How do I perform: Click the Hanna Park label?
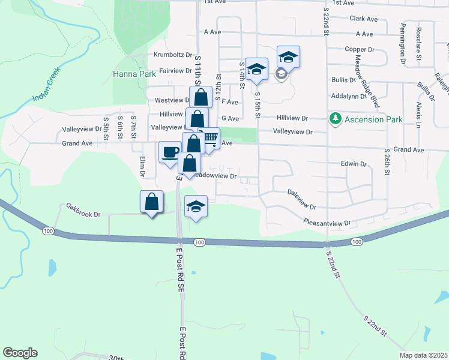pos(134,74)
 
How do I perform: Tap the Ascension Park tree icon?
pos(336,119)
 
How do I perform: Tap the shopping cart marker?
pos(209,138)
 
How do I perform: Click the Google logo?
pos(20,353)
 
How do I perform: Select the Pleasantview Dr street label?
pos(327,222)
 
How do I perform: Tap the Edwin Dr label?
pos(354,163)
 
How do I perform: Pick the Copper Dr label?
pos(360,49)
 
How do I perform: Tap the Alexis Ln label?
pos(418,113)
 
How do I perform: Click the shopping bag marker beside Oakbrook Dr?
pos(152,202)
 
